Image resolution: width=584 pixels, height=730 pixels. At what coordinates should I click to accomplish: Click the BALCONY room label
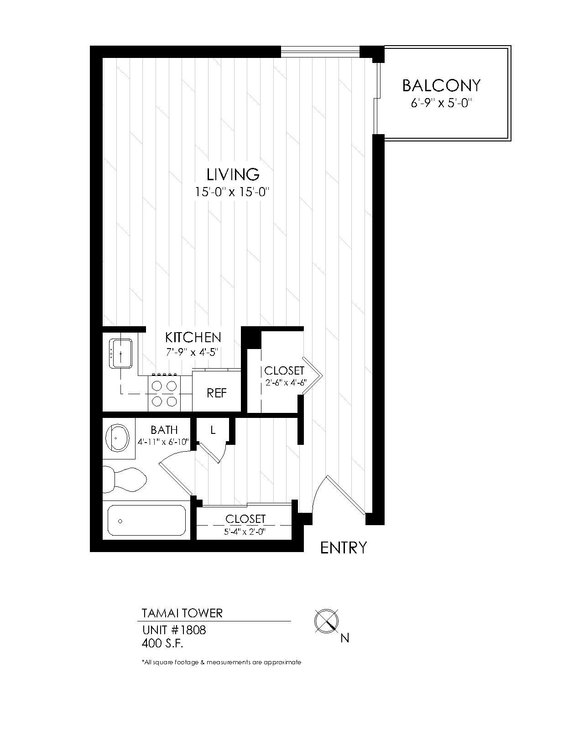click(441, 85)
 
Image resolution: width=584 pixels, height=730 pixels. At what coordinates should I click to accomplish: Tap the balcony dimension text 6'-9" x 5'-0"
click(441, 103)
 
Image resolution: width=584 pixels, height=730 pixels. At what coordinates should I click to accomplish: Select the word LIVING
click(233, 174)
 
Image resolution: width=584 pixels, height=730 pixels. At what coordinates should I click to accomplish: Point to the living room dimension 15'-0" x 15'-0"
click(232, 192)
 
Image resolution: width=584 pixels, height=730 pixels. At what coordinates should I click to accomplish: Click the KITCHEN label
click(193, 337)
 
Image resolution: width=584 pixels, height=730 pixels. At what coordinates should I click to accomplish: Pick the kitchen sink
click(120, 353)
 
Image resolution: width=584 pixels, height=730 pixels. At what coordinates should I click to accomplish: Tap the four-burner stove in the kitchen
click(164, 393)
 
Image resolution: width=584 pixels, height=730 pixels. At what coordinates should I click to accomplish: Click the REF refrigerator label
click(217, 393)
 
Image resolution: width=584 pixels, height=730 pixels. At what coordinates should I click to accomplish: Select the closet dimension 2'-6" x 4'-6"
click(286, 382)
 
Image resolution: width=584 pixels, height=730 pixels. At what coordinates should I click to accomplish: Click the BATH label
click(164, 430)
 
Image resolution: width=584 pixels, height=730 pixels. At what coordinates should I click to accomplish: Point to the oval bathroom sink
click(117, 438)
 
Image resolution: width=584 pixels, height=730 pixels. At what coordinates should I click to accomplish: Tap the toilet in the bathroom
click(125, 480)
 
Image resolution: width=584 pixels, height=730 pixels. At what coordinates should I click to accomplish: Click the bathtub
click(146, 521)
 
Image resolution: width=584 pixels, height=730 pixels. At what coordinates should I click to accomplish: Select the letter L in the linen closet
click(213, 430)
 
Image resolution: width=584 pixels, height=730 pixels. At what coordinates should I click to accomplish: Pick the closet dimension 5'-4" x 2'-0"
click(245, 531)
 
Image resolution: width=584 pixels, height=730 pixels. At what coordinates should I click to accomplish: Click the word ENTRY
click(344, 548)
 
